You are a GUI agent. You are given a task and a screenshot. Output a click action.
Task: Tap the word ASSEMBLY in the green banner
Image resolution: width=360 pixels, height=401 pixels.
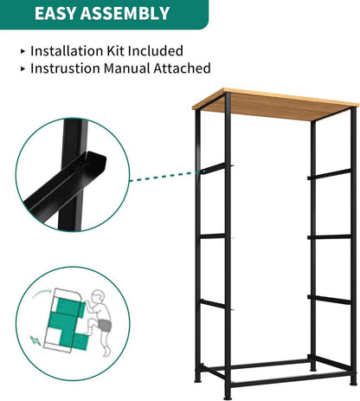125,13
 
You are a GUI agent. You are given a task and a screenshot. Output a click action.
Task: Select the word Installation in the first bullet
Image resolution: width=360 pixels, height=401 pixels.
67,51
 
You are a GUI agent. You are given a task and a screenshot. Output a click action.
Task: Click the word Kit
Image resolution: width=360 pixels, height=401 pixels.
115,51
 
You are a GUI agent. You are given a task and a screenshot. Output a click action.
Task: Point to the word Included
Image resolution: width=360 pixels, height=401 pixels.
156,51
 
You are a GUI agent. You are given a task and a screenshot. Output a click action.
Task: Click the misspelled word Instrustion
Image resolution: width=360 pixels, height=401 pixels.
66,68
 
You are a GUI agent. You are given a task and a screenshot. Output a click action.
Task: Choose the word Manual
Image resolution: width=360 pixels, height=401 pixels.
127,68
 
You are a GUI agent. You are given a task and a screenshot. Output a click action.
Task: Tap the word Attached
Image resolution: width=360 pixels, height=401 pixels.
182,68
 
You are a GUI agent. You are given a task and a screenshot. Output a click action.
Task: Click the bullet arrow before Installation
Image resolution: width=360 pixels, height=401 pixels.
23,51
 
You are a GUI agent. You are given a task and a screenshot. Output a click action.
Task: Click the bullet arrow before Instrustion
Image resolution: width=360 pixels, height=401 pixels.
23,69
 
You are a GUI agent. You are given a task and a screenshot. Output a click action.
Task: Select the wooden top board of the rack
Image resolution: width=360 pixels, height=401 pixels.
275,104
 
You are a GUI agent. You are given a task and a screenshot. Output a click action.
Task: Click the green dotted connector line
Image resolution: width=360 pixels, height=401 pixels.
164,176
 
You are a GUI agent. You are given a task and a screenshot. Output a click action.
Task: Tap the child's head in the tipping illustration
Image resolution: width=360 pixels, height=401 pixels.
98,296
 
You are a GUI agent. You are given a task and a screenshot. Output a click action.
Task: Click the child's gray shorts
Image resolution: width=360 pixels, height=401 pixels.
104,325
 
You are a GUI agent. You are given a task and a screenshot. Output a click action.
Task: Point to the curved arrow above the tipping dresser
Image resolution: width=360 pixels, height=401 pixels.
42,294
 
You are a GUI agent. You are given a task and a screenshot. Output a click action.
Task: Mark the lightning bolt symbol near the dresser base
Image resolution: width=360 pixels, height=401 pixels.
35,340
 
